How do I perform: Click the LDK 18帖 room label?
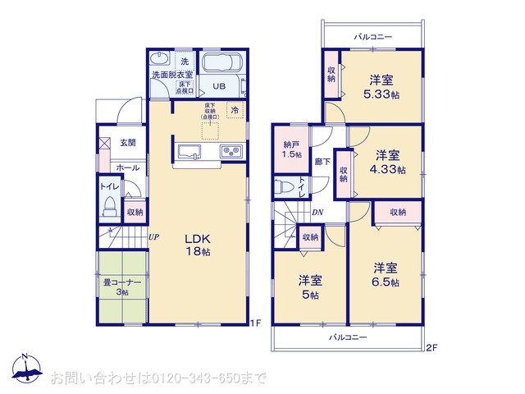[197, 244]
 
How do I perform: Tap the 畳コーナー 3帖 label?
[122, 286]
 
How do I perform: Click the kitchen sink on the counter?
[187, 151]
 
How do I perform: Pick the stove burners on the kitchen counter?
[228, 152]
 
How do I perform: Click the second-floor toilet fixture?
[283, 187]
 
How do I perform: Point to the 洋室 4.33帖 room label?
[388, 162]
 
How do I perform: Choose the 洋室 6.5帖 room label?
[385, 274]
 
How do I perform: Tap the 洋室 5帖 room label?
[309, 286]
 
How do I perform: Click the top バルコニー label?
[373, 37]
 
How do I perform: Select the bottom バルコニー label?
[349, 337]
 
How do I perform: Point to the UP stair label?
[153, 238]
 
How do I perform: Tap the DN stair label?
[317, 213]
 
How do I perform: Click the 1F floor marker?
[254, 323]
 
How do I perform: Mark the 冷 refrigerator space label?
[234, 109]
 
